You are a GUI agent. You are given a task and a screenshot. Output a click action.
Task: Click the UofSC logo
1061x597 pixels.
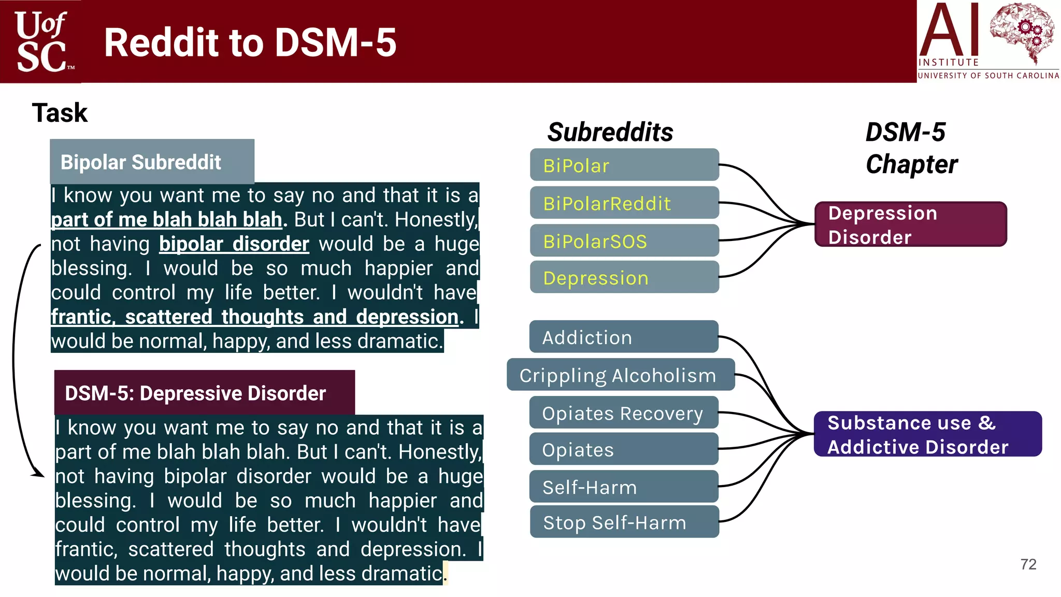41,41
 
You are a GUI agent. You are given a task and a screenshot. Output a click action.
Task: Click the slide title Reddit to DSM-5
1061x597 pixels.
250,42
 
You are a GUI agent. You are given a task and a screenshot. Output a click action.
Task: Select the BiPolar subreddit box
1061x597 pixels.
624,165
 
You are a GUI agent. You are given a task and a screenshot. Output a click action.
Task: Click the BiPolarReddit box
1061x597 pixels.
624,203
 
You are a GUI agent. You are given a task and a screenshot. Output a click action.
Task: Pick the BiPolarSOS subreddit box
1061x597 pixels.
624,241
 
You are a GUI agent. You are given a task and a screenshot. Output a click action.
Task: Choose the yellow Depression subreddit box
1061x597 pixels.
624,278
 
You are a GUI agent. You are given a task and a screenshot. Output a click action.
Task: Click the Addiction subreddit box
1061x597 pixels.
624,337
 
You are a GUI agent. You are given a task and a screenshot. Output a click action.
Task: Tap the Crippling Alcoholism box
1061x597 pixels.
620,375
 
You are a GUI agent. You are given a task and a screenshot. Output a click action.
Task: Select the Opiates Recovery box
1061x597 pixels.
624,413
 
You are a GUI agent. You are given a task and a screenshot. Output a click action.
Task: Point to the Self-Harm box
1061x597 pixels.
624,487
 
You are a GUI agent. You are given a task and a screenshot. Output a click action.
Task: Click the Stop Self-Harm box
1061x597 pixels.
624,522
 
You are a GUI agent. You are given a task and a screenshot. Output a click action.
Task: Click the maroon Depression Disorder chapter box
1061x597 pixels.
910,224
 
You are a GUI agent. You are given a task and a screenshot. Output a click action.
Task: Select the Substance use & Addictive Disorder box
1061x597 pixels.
927,434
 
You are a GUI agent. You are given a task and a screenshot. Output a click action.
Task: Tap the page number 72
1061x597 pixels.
1028,564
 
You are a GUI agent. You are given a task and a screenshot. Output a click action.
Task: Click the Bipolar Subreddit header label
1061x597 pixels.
152,162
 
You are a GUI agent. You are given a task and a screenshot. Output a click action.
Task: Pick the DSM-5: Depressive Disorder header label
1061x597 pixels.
204,393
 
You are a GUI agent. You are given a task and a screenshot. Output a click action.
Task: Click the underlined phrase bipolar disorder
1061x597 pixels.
234,244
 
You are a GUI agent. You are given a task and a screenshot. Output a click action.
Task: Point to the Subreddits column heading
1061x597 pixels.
610,132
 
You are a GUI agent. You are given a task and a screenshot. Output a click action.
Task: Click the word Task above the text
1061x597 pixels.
60,113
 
